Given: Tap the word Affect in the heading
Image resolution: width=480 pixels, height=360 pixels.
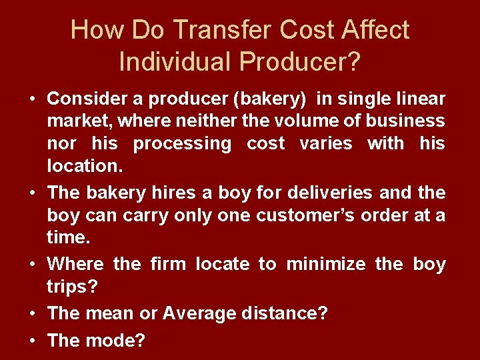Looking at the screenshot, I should point(372,30).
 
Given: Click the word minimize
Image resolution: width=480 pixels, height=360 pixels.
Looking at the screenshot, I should point(325,264).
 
